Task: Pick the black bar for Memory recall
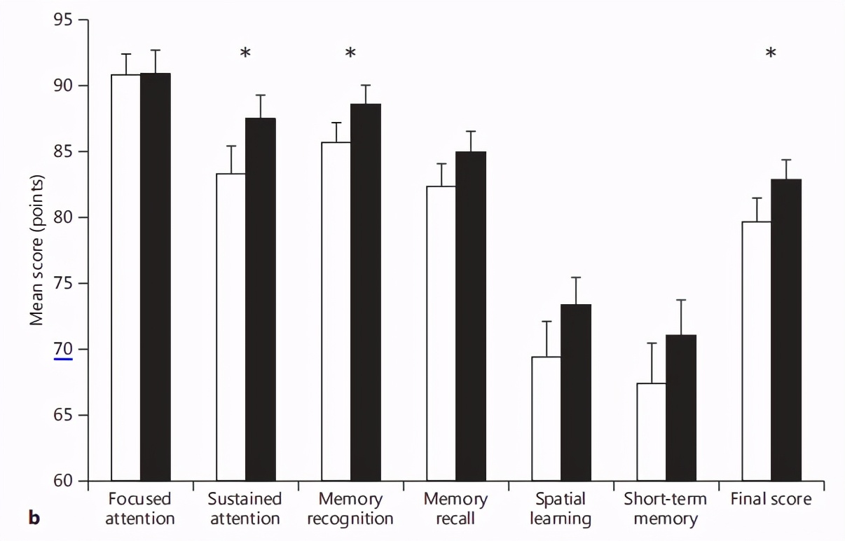[x=470, y=316]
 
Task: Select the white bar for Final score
[x=757, y=351]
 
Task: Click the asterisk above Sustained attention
[x=245, y=54]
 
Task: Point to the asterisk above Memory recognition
[x=350, y=54]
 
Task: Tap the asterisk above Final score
[x=771, y=54]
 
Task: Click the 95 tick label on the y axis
[x=63, y=20]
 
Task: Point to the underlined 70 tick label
[x=63, y=349]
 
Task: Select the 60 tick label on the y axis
[x=63, y=481]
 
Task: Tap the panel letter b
[x=33, y=519]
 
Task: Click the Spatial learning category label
[x=561, y=509]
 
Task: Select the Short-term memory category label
[x=666, y=509]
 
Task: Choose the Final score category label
[x=771, y=500]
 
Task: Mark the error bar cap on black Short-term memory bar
[x=680, y=300]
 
